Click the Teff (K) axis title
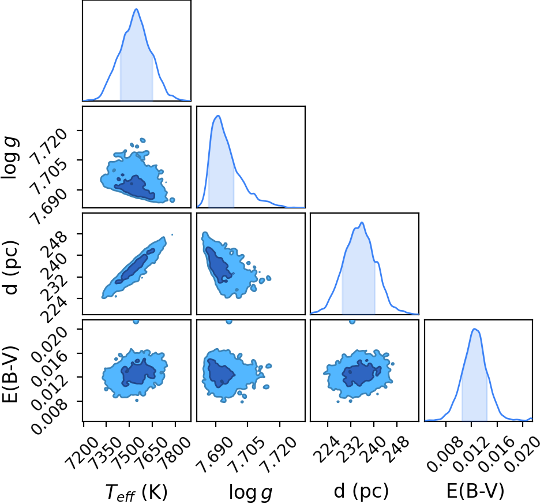pyautogui.click(x=136, y=492)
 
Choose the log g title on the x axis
pyautogui.click(x=250, y=493)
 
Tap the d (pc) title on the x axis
pyautogui.click(x=361, y=491)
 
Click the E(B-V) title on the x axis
pyautogui.click(x=475, y=491)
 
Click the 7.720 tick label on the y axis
pyautogui.click(x=48, y=146)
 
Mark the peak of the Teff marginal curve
pyautogui.click(x=136, y=9)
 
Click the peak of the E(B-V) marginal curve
pyautogui.click(x=474, y=328)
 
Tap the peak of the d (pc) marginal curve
pyautogui.click(x=362, y=222)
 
